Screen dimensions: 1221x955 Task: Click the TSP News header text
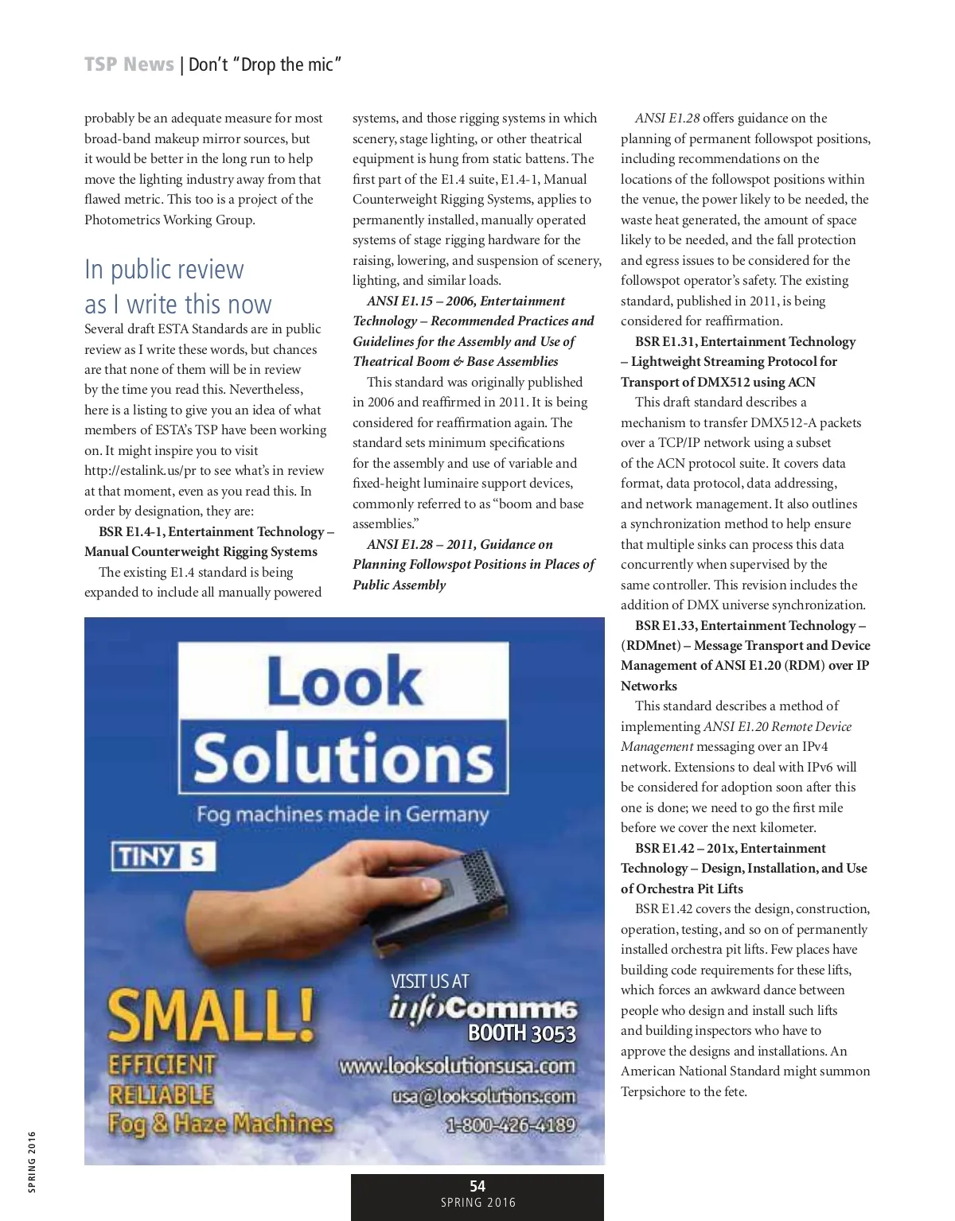(x=129, y=64)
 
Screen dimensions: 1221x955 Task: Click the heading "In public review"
(x=164, y=270)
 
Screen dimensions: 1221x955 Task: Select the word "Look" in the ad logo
(x=344, y=681)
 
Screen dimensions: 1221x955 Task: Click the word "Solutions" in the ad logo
(x=344, y=757)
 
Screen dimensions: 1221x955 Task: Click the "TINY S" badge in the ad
(x=163, y=857)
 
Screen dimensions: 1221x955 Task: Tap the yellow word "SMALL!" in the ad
(x=212, y=1017)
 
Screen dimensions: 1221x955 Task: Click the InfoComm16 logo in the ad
(x=483, y=1008)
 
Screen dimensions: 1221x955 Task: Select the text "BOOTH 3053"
(x=521, y=1033)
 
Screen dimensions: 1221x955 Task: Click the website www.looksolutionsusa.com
(x=457, y=1066)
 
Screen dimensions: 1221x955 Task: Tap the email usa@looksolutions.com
(x=483, y=1096)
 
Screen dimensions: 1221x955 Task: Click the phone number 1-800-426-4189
(x=510, y=1125)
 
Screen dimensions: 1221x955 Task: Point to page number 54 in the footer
(x=477, y=1186)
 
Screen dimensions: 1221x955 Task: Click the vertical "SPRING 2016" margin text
(x=32, y=1162)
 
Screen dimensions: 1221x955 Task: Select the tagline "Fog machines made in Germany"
(x=342, y=815)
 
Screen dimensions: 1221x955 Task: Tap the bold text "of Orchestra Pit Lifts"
(x=682, y=889)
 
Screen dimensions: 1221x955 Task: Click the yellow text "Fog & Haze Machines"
(x=220, y=1123)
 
